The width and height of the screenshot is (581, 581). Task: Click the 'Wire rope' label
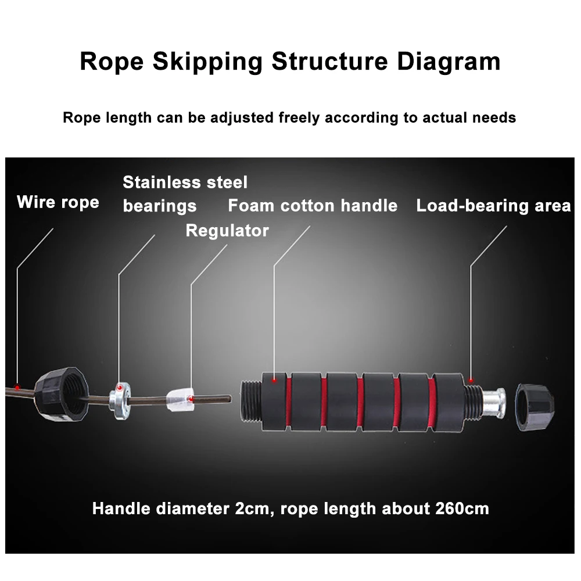58,202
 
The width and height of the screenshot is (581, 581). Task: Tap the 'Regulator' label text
227,231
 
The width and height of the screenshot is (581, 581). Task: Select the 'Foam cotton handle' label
313,206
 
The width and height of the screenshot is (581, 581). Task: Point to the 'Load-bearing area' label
493,206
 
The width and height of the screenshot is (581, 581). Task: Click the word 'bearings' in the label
160,206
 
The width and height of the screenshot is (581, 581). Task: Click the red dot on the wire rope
17,387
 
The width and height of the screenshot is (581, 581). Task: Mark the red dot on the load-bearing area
471,381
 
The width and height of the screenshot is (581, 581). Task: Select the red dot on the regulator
191,399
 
